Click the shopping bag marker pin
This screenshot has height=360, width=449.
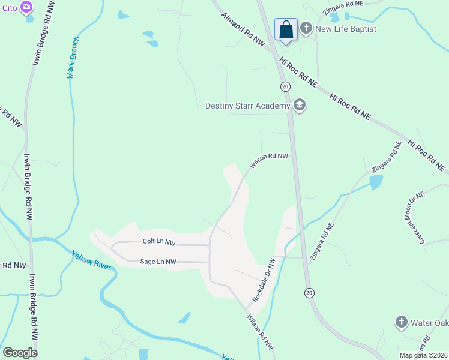click(x=286, y=29)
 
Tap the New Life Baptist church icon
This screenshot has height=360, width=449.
click(x=306, y=28)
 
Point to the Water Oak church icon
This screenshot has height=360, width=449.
click(x=401, y=323)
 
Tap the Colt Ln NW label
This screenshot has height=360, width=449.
click(x=159, y=241)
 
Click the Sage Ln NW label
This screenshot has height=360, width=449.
click(x=158, y=262)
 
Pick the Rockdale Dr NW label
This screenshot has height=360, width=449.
click(x=264, y=280)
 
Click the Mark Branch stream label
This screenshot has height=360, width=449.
click(x=73, y=57)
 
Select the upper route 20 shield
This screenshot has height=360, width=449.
click(x=285, y=86)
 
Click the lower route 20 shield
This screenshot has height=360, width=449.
click(x=309, y=292)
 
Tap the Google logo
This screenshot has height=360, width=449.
click(x=20, y=352)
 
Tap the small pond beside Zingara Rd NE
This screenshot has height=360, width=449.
click(x=376, y=181)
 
